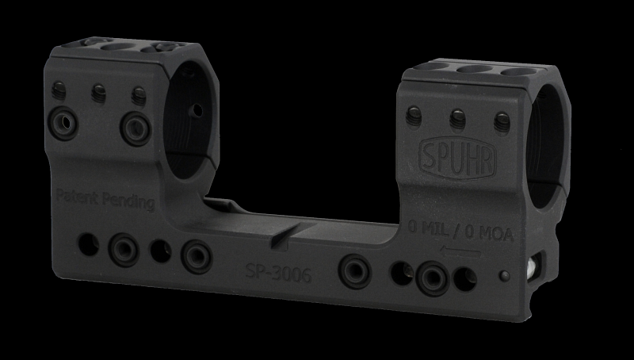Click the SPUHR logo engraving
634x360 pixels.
click(x=458, y=158)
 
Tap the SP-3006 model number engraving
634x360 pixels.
click(x=279, y=274)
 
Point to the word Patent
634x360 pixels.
click(x=77, y=196)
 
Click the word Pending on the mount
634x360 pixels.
click(x=128, y=201)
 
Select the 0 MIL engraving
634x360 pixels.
click(x=429, y=228)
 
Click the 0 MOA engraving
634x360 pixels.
click(x=489, y=233)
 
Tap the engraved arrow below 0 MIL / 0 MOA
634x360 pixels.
click(x=460, y=251)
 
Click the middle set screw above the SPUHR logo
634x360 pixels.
click(x=458, y=119)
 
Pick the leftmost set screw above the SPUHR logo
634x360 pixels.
click(x=413, y=116)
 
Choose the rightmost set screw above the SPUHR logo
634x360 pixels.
click(x=502, y=122)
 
